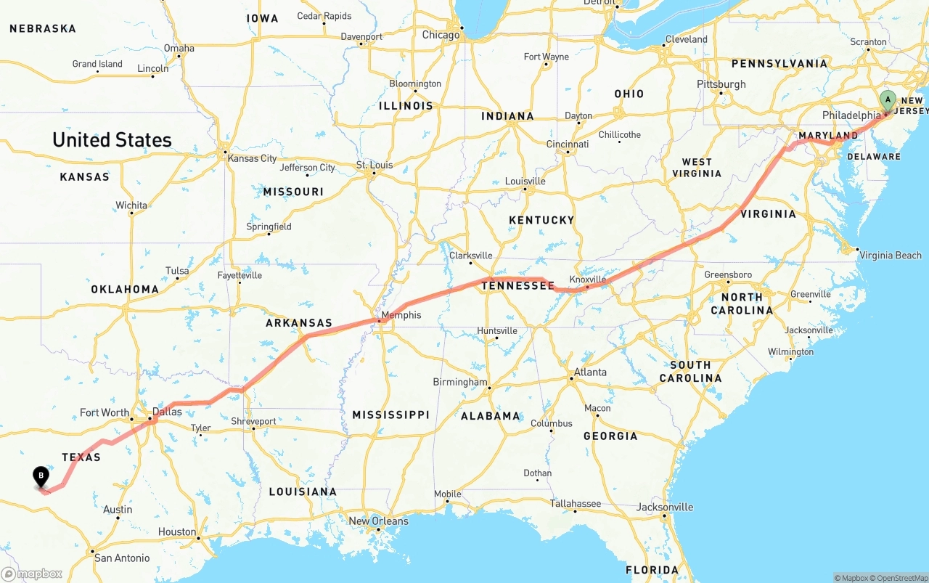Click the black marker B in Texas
point(41,477)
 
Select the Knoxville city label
point(587,280)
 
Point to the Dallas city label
point(167,412)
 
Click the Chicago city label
point(441,35)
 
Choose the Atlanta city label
point(590,372)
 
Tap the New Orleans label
point(378,521)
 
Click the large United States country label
point(112,139)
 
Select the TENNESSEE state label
point(518,286)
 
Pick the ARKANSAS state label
point(299,323)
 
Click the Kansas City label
point(252,158)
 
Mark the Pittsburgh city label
point(721,84)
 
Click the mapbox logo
point(32,574)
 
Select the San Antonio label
point(122,558)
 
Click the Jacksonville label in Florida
point(666,507)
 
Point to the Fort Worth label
point(105,412)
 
